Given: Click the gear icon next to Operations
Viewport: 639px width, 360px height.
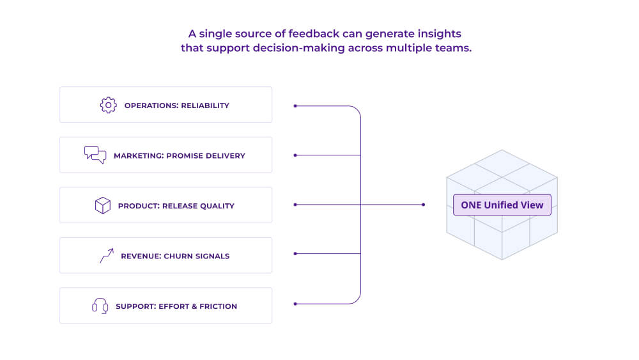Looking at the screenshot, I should click(108, 105).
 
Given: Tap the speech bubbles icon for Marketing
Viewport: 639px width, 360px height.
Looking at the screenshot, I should click(95, 155).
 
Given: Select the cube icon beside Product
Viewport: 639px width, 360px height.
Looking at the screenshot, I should click(102, 205).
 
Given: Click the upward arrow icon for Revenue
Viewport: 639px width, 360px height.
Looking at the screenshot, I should click(106, 256).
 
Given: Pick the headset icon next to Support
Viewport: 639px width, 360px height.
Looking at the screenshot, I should click(100, 306).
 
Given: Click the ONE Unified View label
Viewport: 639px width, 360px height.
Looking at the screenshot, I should click(502, 205).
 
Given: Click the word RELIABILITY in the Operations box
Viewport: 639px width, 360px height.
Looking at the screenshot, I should click(205, 106).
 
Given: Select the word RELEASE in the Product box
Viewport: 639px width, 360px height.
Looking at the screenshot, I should click(181, 206).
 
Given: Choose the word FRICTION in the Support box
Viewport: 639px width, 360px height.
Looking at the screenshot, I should click(217, 306).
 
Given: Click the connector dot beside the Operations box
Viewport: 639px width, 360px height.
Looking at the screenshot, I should click(295, 106).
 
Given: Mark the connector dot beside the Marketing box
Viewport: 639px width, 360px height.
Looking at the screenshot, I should click(295, 155).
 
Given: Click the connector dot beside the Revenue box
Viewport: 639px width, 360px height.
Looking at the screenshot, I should click(295, 254).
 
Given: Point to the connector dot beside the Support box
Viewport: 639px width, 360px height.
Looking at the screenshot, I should click(295, 303).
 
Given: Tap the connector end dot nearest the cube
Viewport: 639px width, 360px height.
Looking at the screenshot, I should click(423, 205).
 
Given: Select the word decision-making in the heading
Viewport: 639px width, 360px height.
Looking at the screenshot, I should click(303, 49).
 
